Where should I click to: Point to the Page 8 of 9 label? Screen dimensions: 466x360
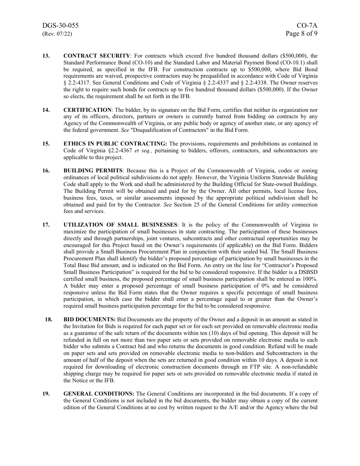point(302,33)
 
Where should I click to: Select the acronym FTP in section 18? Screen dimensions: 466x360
point(249,367)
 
